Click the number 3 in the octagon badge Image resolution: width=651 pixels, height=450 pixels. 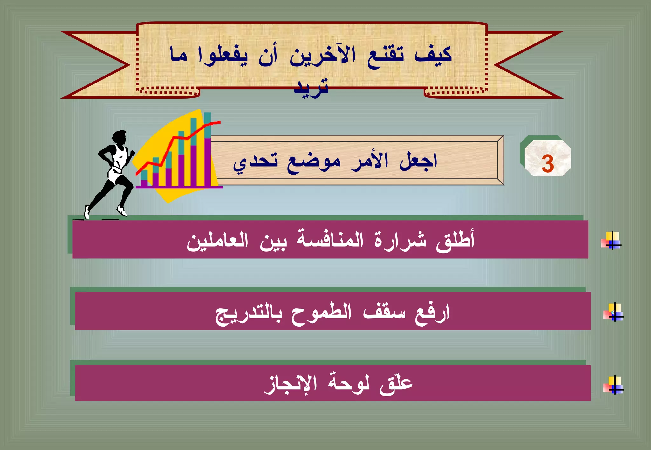tap(547, 164)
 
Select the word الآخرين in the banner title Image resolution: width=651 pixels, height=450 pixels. tap(322, 56)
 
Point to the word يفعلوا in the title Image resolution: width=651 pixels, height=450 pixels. tap(223, 56)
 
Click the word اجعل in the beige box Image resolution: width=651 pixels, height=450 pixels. tap(418, 161)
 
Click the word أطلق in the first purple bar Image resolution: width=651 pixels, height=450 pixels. tap(455, 240)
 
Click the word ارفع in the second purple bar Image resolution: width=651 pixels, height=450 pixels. tap(432, 313)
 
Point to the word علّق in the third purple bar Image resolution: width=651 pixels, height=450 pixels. tap(396, 383)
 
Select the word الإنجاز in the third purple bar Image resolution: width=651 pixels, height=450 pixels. tap(291, 384)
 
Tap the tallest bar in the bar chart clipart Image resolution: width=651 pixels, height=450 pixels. tap(207, 149)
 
